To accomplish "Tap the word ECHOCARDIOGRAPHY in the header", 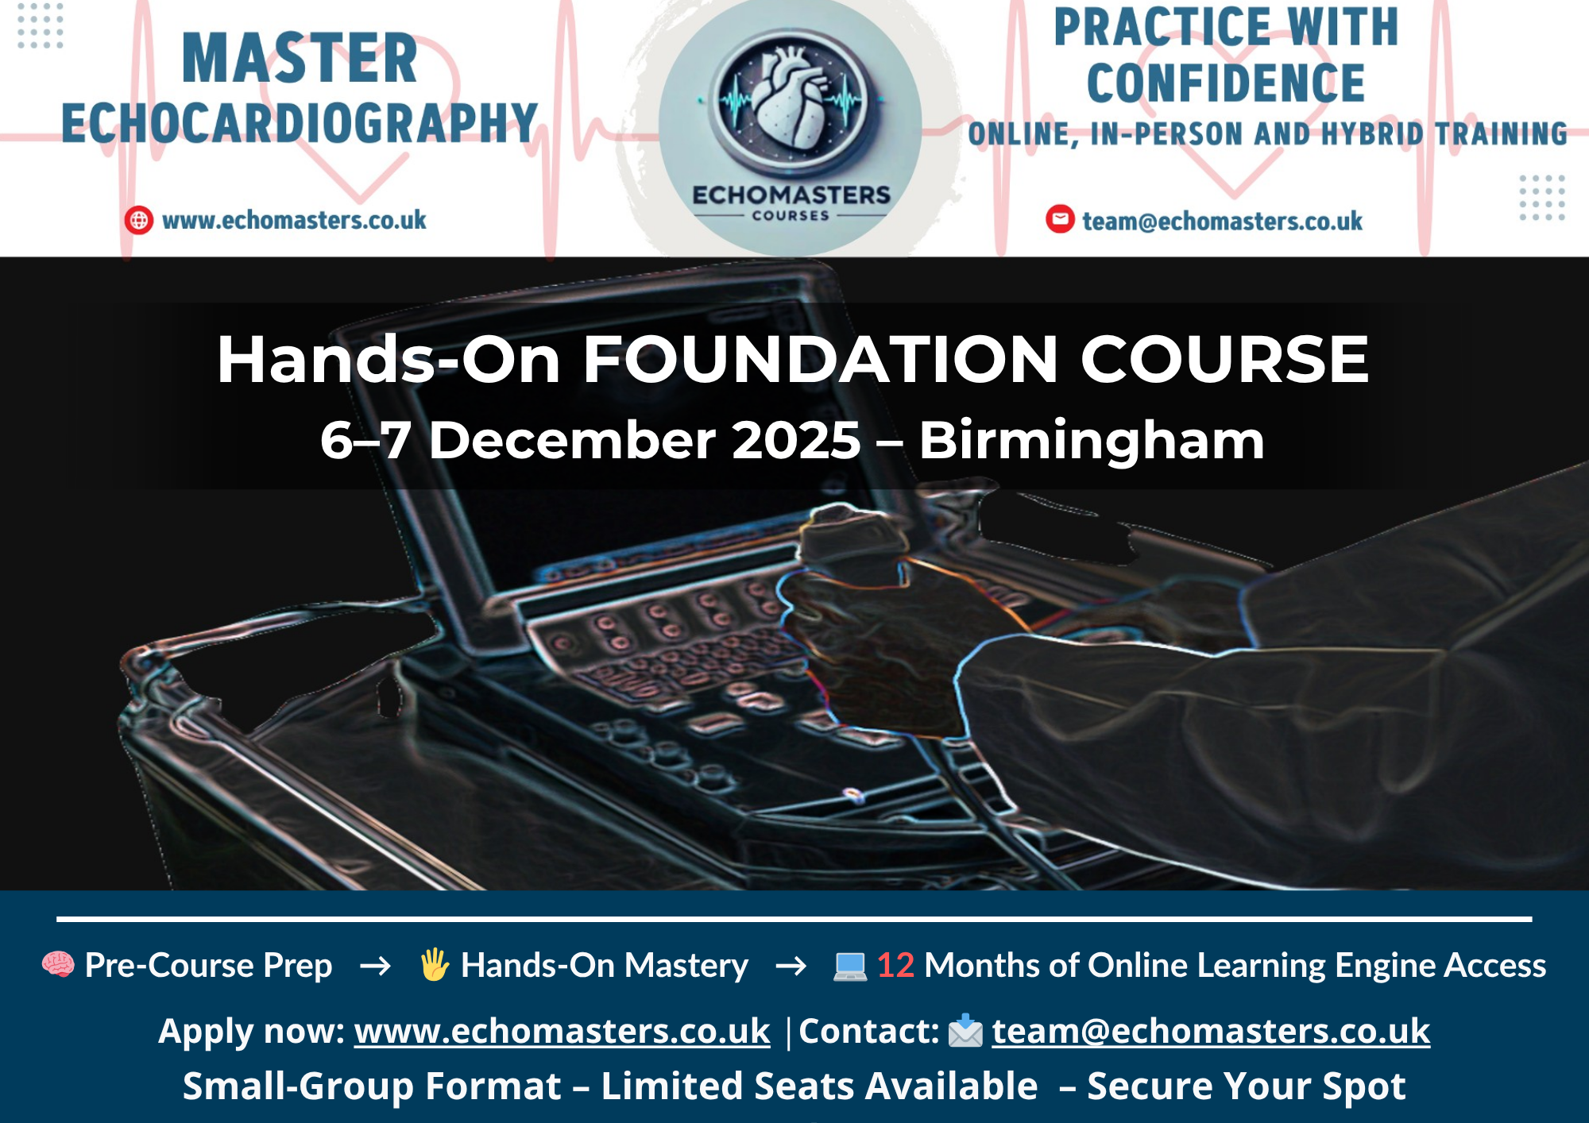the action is pyautogui.click(x=300, y=123).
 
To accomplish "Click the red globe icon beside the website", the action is pyautogui.click(x=139, y=220).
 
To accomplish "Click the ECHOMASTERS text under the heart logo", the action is pyautogui.click(x=791, y=195).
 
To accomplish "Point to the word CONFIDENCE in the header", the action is pyautogui.click(x=1226, y=83).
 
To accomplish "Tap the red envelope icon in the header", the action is pyautogui.click(x=1060, y=218).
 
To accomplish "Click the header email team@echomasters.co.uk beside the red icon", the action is pyautogui.click(x=1222, y=221).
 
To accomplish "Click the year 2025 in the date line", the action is pyautogui.click(x=796, y=440).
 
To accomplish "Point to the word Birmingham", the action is pyautogui.click(x=1092, y=441).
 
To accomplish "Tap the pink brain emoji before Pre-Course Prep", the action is pyautogui.click(x=58, y=965).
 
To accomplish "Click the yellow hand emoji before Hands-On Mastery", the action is pyautogui.click(x=435, y=965).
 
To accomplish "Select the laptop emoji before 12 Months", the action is pyautogui.click(x=849, y=967).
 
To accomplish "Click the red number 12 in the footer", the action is pyautogui.click(x=895, y=966).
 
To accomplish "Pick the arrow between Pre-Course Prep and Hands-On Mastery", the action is pyautogui.click(x=375, y=966).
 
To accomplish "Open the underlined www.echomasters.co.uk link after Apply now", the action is pyautogui.click(x=562, y=1031).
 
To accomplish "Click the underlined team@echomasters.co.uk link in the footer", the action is pyautogui.click(x=1211, y=1031).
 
